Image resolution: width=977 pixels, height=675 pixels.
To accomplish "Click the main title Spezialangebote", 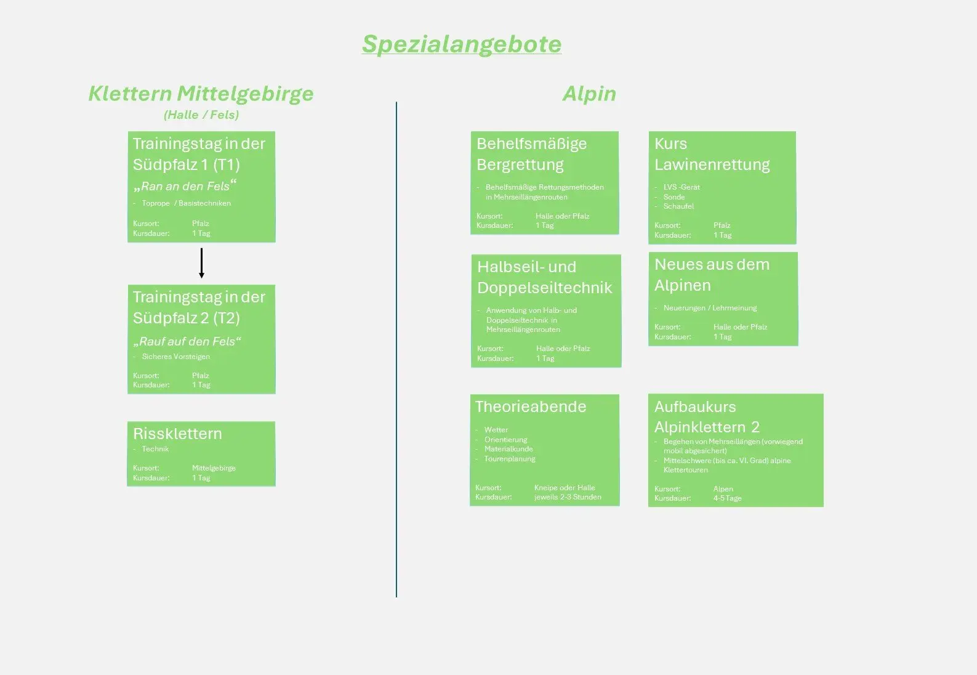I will click(462, 44).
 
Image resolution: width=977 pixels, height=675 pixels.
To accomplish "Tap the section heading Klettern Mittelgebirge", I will click(201, 94).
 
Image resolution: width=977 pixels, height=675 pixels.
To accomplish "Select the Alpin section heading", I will click(589, 94).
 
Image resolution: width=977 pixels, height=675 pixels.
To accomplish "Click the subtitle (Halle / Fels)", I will click(201, 115).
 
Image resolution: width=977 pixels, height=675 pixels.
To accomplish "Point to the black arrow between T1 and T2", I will click(201, 263).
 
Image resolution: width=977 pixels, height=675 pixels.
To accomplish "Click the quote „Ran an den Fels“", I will click(185, 186).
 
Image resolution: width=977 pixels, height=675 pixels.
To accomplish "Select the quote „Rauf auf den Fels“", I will click(187, 341).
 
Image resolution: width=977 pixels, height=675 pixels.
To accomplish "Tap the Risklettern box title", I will click(177, 434).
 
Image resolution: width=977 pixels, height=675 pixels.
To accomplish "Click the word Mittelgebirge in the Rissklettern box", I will click(214, 468).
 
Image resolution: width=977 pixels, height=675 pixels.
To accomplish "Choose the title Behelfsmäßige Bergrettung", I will click(531, 154).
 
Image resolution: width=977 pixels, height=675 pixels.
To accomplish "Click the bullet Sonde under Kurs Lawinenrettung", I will click(674, 197).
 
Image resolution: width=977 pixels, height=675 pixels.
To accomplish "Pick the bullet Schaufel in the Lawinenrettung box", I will click(678, 206).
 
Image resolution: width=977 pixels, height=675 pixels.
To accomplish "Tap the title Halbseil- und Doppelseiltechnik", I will click(544, 277).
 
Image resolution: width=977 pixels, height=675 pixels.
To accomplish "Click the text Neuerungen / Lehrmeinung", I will click(710, 308).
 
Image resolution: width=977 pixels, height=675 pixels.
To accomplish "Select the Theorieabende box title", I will click(531, 406).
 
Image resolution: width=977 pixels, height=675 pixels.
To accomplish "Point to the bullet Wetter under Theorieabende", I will click(496, 430).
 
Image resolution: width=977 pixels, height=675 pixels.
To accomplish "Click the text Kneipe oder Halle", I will click(565, 488).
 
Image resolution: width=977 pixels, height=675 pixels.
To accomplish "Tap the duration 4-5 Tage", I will click(728, 498).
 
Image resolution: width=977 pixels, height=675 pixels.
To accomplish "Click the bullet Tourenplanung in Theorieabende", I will click(510, 459).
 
